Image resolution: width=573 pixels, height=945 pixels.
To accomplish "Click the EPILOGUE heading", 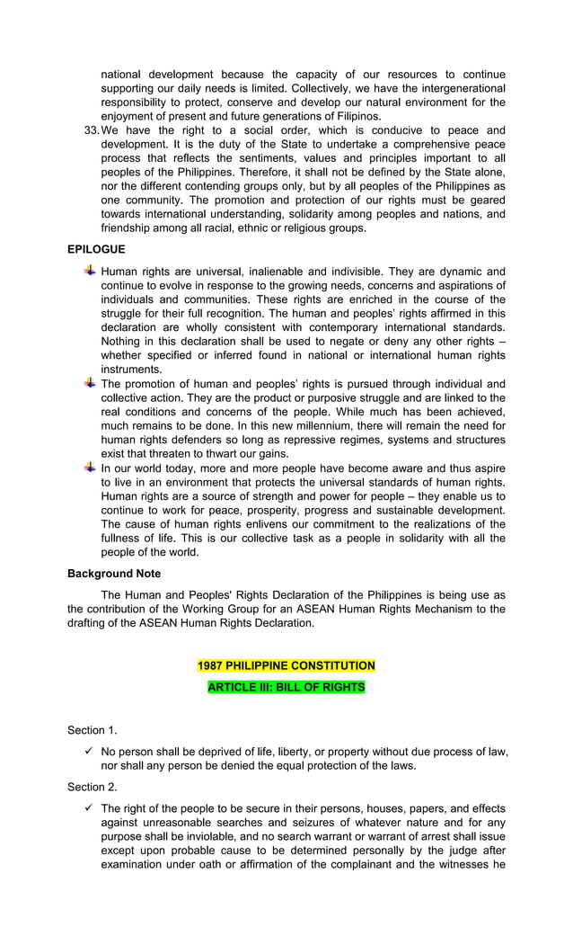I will pyautogui.click(x=96, y=249).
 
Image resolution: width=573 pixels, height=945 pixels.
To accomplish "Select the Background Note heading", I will pyautogui.click(x=114, y=573).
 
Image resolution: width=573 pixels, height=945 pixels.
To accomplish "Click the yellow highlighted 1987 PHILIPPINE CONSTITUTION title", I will pyautogui.click(x=286, y=665).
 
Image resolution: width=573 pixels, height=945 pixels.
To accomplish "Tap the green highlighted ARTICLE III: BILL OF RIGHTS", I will pyautogui.click(x=286, y=687).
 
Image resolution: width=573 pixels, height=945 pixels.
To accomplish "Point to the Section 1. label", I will pyautogui.click(x=92, y=730).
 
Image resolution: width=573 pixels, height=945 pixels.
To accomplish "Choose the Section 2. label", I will pyautogui.click(x=92, y=787).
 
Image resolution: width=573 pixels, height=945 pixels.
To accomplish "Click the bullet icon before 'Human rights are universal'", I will pyautogui.click(x=90, y=271).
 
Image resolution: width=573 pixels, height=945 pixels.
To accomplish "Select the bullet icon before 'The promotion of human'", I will pyautogui.click(x=90, y=383).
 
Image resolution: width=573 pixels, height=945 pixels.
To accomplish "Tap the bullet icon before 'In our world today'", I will pyautogui.click(x=90, y=468).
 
